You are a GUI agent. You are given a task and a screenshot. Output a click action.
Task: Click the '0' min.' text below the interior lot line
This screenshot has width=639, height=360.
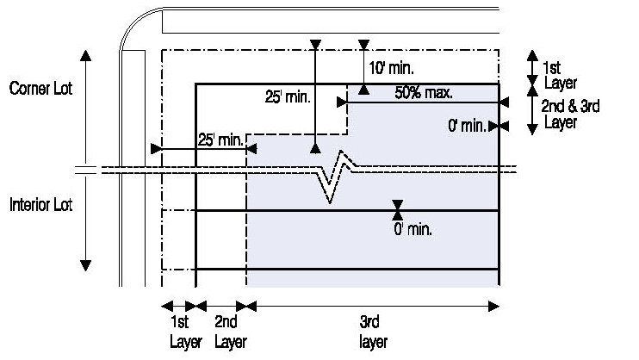point(413,230)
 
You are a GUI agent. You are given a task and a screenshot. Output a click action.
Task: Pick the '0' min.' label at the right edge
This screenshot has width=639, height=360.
point(467,126)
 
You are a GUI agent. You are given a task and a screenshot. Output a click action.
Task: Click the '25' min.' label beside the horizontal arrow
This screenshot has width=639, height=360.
point(220,140)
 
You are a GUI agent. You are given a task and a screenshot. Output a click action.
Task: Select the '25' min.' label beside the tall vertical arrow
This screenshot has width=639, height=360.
point(286,97)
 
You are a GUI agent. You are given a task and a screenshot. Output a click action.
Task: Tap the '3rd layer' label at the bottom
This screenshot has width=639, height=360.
point(374,332)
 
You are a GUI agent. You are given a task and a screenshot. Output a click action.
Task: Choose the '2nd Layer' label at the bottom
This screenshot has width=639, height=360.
point(228,332)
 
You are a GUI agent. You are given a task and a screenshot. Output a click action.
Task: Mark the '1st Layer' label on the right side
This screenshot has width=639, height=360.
point(555,75)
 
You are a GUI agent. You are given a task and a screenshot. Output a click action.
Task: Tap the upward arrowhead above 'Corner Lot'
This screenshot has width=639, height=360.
point(85,56)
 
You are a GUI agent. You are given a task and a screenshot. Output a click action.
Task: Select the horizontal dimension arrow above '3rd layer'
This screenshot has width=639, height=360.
point(373,305)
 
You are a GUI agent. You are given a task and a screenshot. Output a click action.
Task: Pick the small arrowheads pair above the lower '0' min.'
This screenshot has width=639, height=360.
point(397,210)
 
